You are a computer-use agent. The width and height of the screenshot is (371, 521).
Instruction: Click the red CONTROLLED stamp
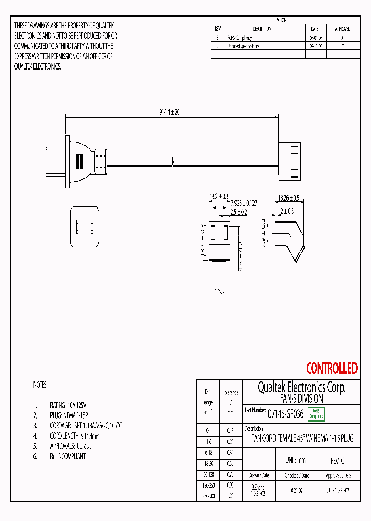(x=331, y=368)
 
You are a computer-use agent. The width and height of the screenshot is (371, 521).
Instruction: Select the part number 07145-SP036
(x=285, y=413)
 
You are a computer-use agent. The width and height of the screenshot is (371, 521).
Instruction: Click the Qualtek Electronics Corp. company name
(x=301, y=388)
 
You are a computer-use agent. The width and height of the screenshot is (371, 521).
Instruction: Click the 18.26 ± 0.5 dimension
(x=289, y=197)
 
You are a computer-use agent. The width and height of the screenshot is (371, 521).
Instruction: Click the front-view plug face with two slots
(x=84, y=227)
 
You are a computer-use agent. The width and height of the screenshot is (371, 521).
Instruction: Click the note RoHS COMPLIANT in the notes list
(x=68, y=456)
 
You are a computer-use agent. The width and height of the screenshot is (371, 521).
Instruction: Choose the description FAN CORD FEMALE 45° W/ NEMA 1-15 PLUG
(x=302, y=439)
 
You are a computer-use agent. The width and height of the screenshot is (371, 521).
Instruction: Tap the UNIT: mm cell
(x=295, y=460)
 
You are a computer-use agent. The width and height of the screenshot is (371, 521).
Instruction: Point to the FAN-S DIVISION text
(x=301, y=398)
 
